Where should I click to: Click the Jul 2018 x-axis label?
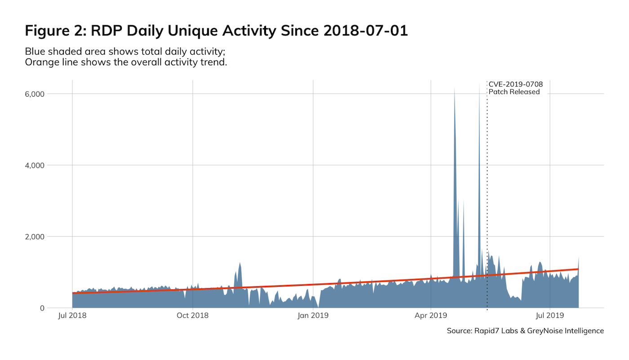point(72,316)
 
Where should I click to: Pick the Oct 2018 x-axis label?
point(192,316)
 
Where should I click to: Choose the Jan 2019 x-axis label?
point(313,316)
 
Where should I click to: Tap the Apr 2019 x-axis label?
point(431,316)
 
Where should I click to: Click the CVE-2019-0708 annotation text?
point(516,84)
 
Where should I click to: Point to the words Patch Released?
point(514,92)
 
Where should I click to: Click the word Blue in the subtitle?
point(34,51)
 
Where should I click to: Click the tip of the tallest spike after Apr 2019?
point(454,88)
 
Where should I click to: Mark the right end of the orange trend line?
point(578,269)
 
